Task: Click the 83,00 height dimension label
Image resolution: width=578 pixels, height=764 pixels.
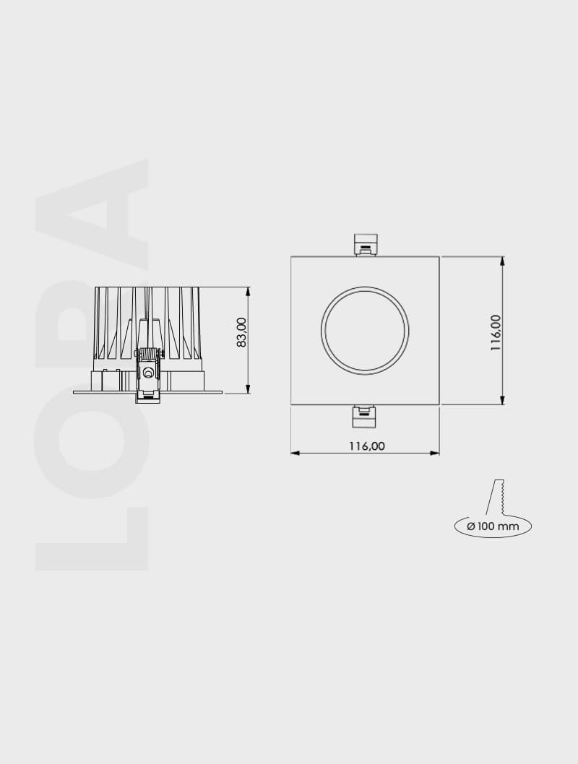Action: coord(241,332)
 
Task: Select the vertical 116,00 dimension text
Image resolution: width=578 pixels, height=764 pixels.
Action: coord(496,332)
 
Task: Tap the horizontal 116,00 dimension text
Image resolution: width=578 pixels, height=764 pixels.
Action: coord(367,446)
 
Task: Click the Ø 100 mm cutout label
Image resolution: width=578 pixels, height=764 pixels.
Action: coord(493,526)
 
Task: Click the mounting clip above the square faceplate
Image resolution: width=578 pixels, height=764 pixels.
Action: coord(365,244)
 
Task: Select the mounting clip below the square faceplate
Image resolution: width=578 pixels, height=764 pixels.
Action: coord(364,417)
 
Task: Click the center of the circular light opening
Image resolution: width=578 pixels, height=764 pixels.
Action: coord(365,331)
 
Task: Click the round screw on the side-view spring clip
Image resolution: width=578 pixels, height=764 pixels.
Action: coord(148,373)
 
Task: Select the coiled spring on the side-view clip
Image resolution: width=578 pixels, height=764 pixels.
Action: coord(148,354)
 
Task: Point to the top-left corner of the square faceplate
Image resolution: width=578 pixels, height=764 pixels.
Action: coord(291,256)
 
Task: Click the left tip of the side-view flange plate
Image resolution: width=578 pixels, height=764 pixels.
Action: coord(74,392)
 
